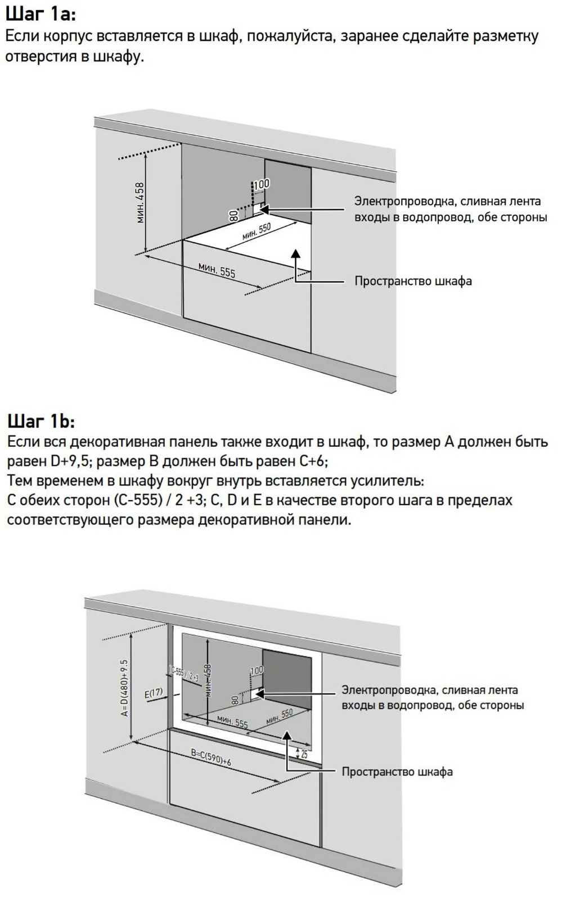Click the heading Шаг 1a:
pyautogui.click(x=40, y=13)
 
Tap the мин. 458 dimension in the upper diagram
pyautogui.click(x=140, y=202)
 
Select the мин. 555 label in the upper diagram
pyautogui.click(x=217, y=270)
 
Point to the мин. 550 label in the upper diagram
pyautogui.click(x=257, y=231)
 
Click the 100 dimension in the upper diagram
pyautogui.click(x=262, y=184)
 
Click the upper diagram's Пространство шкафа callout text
pyautogui.click(x=413, y=281)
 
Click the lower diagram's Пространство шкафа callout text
pyautogui.click(x=397, y=771)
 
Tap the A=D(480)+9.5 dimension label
pyautogui.click(x=124, y=688)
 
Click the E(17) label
pyautogui.click(x=153, y=693)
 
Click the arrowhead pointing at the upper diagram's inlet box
pyautogui.click(x=264, y=210)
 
